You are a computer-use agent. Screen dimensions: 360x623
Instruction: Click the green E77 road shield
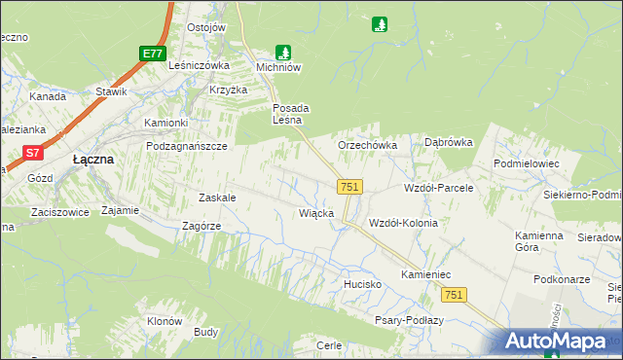(151, 54)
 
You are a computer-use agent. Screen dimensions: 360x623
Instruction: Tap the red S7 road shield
(33, 152)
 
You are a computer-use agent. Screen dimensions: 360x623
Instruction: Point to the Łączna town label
(94, 159)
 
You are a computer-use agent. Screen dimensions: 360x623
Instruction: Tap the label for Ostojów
(206, 27)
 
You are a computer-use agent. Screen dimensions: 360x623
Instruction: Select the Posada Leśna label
(289, 114)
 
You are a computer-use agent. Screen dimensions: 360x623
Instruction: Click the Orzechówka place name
(367, 145)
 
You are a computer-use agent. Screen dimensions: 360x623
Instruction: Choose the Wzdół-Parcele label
(438, 187)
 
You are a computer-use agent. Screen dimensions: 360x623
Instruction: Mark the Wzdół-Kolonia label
(403, 223)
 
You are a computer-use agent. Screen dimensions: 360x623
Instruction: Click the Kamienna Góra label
(539, 241)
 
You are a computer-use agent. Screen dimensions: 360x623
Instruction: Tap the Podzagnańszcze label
(186, 145)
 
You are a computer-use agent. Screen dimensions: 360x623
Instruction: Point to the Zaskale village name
(217, 197)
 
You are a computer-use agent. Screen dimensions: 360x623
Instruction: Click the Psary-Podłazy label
(409, 320)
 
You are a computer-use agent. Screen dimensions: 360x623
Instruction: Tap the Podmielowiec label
(527, 163)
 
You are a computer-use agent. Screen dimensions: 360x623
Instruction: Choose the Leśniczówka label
(199, 65)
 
